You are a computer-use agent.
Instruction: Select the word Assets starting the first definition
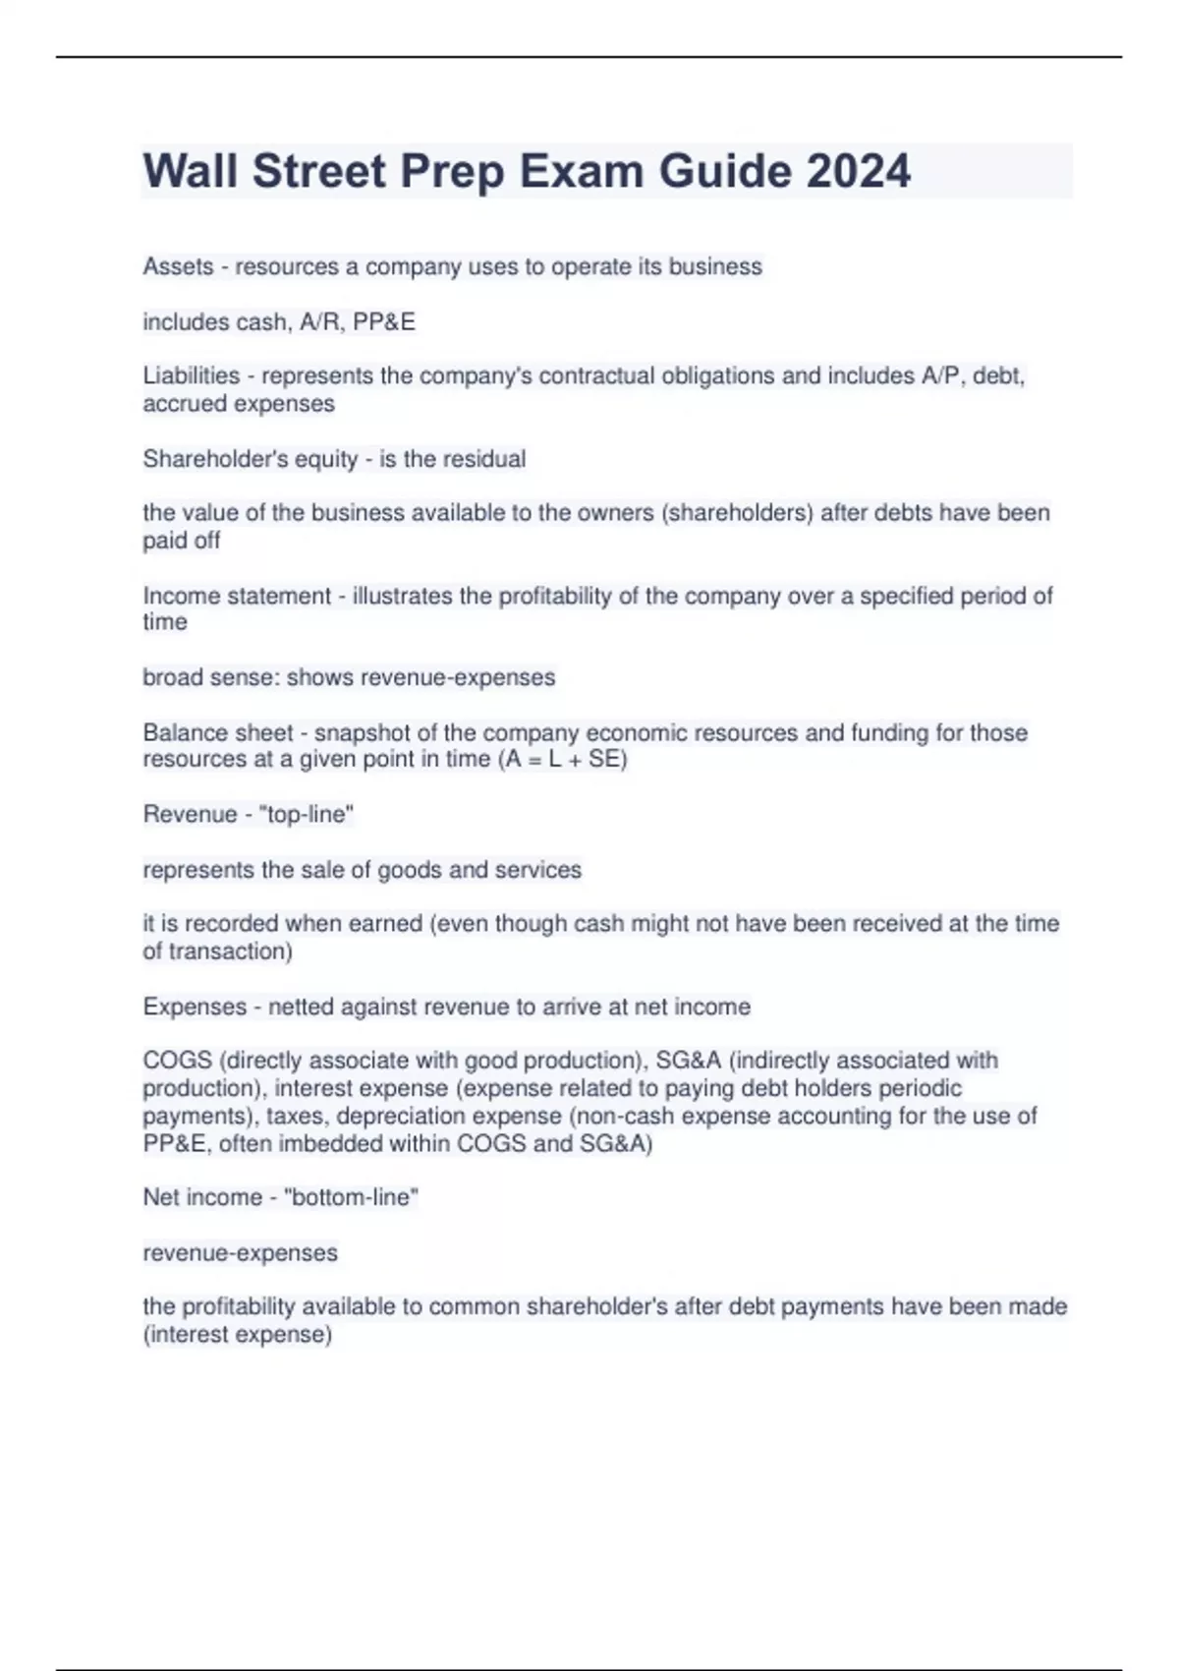click(178, 266)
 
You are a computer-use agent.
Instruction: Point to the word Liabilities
click(191, 375)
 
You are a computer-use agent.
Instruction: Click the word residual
click(488, 459)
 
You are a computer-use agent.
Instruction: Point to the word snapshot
click(363, 732)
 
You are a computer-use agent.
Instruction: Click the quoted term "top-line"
click(306, 814)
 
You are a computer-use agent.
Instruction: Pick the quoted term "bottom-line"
click(351, 1197)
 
